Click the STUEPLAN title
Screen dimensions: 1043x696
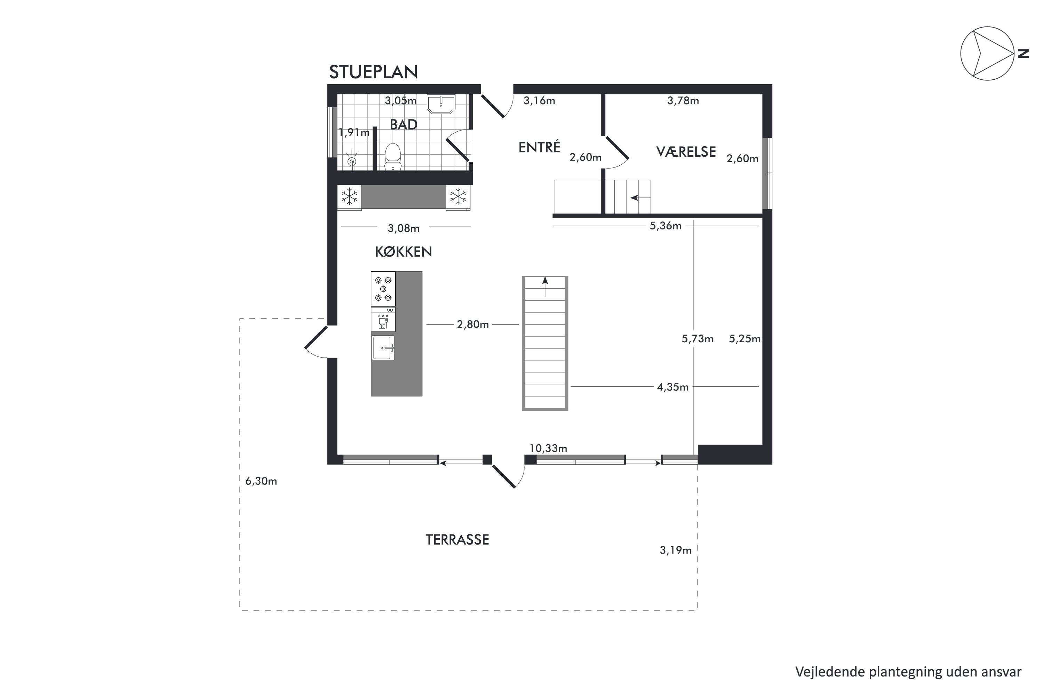click(x=373, y=72)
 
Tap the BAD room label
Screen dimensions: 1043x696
click(x=404, y=125)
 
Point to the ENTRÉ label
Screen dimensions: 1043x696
click(x=539, y=147)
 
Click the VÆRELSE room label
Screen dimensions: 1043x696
click(x=686, y=152)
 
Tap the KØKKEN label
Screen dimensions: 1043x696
click(x=404, y=252)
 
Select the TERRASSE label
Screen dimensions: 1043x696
click(x=457, y=540)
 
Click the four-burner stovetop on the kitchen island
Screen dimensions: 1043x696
click(x=383, y=289)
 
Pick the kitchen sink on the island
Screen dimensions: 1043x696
click(x=383, y=347)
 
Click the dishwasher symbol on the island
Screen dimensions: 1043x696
click(x=383, y=320)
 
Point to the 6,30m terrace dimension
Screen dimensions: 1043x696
click(x=261, y=481)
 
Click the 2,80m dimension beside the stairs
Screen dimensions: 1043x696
click(x=473, y=324)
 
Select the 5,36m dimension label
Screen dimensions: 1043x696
click(x=666, y=226)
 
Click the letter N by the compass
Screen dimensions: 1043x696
click(x=1023, y=54)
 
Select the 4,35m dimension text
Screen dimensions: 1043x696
click(x=673, y=387)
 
